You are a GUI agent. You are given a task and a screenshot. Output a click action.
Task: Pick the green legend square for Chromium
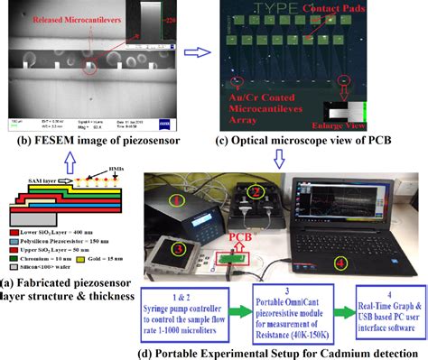[x=8, y=254]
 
